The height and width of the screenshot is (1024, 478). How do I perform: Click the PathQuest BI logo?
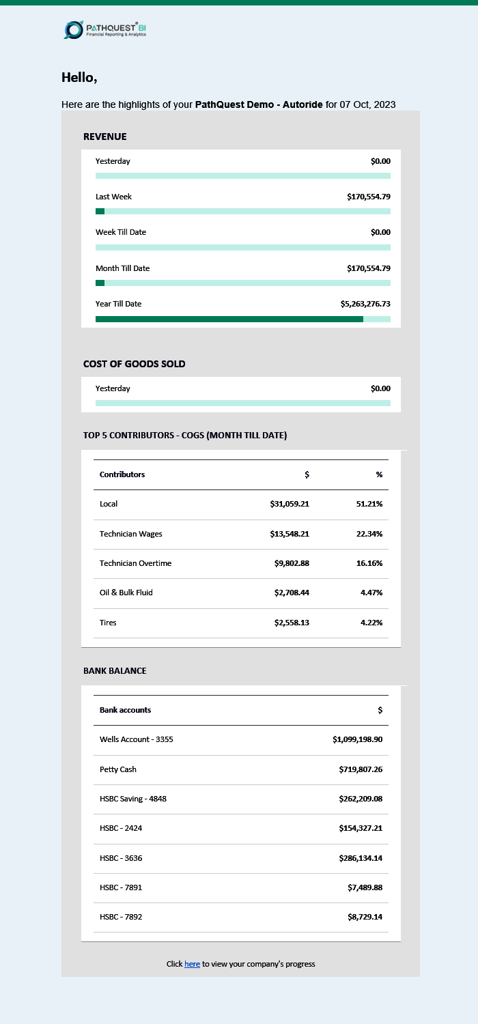point(104,29)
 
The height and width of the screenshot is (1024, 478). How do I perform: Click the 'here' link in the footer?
point(192,964)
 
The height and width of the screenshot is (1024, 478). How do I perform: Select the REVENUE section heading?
point(105,137)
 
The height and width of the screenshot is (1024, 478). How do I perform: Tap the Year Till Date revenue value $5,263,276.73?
point(365,304)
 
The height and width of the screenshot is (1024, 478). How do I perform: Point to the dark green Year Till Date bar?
point(229,319)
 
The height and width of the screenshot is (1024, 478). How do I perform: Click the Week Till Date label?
point(121,232)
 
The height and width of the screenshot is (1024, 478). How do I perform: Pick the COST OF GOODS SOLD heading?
point(135,364)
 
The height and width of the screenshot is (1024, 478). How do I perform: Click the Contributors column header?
point(122,474)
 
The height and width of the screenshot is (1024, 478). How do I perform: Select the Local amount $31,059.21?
point(290,504)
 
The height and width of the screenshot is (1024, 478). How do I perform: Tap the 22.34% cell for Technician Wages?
point(369,534)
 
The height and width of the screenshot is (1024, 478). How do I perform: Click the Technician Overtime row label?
point(135,563)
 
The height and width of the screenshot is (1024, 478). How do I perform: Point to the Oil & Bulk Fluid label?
point(126,593)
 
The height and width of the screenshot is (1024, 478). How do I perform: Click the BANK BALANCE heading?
point(115,671)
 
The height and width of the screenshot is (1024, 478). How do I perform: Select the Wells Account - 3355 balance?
point(357,739)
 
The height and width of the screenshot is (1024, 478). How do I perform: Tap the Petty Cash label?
point(118,769)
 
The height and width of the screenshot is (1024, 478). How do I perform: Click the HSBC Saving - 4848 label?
point(133,799)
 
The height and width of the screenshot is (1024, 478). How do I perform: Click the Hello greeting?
point(79,78)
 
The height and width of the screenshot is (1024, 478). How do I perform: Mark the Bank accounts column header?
point(125,710)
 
